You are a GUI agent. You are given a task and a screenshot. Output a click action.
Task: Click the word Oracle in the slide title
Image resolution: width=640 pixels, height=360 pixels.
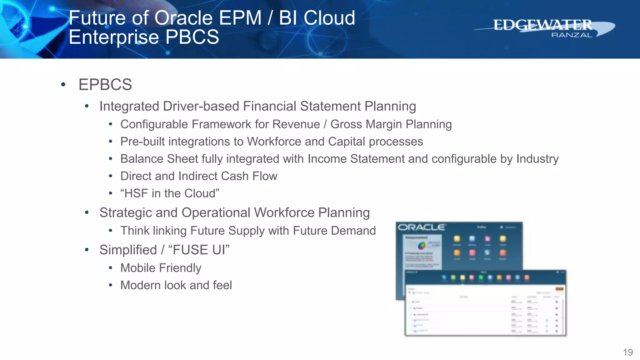184,18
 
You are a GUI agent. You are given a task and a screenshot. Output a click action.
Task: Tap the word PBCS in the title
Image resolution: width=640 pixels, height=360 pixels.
192,37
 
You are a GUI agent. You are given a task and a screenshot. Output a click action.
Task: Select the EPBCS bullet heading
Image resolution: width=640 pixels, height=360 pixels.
105,85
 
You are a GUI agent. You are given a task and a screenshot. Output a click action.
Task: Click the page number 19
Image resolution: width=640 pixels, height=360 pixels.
628,352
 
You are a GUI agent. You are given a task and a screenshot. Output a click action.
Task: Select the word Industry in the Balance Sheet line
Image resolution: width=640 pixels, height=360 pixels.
537,159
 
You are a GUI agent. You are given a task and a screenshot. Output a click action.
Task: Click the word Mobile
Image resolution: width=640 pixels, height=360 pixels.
138,268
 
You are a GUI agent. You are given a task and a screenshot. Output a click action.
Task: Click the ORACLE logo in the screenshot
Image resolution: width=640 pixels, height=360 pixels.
421,227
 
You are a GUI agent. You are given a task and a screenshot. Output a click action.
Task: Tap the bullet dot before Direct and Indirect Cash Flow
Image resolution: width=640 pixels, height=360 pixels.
110,176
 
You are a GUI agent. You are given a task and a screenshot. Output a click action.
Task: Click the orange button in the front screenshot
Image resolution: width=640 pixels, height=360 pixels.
559,289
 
